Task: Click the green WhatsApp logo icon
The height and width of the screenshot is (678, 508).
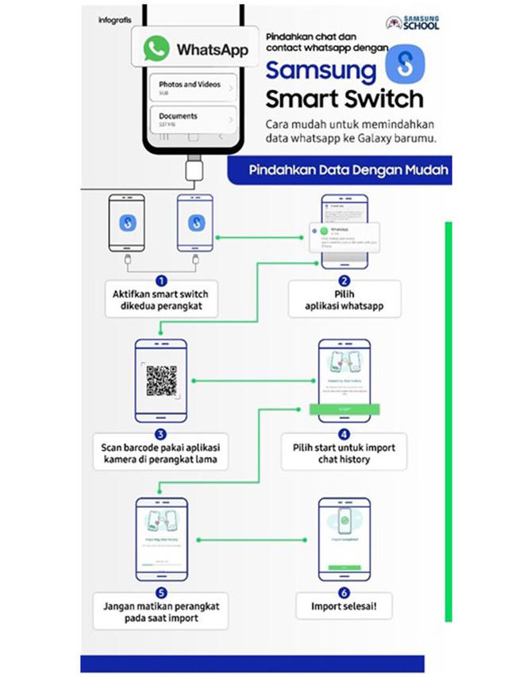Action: click(x=156, y=48)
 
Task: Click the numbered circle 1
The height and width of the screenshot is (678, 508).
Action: click(x=162, y=281)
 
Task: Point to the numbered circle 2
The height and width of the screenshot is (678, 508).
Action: click(x=344, y=281)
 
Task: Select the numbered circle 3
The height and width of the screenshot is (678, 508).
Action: click(x=162, y=433)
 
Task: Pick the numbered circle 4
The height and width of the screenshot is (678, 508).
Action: click(x=344, y=434)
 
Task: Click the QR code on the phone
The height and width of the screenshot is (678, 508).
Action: click(x=161, y=382)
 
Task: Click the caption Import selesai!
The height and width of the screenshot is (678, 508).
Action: click(x=344, y=608)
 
